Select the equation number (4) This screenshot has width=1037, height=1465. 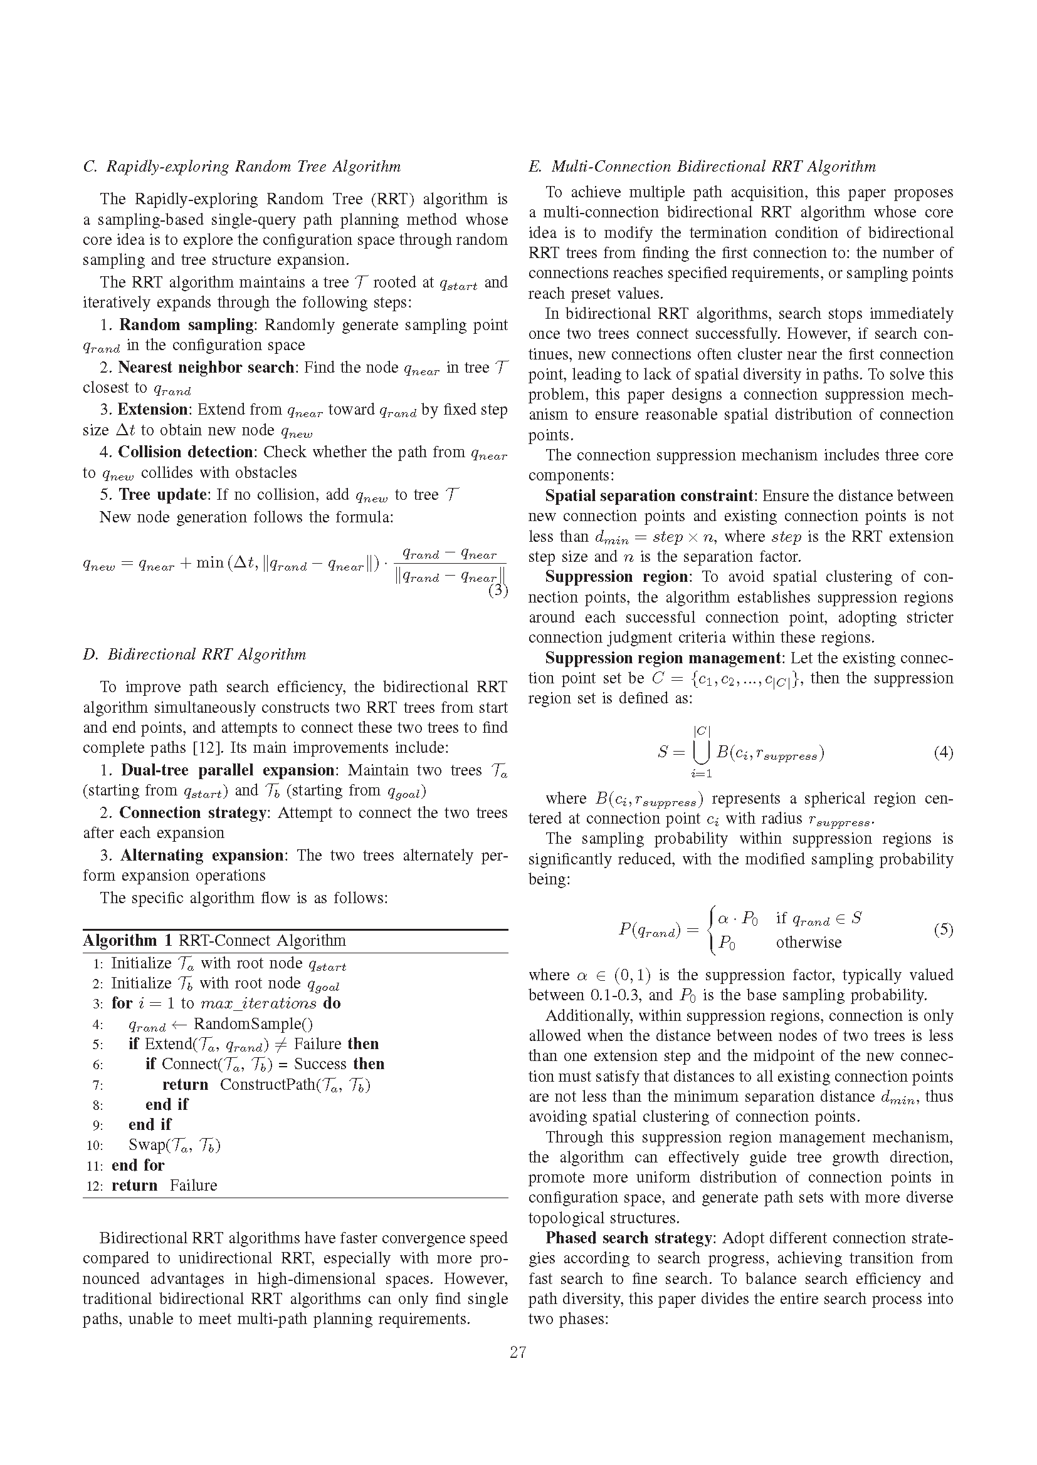pyautogui.click(x=943, y=753)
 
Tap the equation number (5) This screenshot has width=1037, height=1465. pyautogui.click(x=943, y=929)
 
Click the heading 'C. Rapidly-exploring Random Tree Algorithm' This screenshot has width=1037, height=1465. pyautogui.click(x=242, y=167)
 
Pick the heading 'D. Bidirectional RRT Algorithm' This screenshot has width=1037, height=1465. pyautogui.click(x=195, y=655)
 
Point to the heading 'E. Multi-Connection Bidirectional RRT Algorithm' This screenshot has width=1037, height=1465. pyautogui.click(x=702, y=167)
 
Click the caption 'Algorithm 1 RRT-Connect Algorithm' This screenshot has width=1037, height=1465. pyautogui.click(x=214, y=941)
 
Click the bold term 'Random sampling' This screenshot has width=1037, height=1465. pyautogui.click(x=186, y=325)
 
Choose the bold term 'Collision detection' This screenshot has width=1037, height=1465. pyautogui.click(x=186, y=452)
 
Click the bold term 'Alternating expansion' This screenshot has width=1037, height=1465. pyautogui.click(x=203, y=855)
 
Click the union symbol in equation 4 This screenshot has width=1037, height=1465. pyautogui.click(x=701, y=753)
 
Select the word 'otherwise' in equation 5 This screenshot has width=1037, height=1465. pyautogui.click(x=808, y=943)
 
